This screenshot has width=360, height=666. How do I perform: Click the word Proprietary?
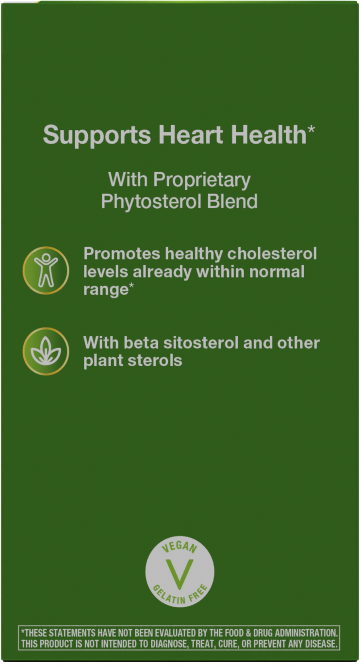tap(202, 180)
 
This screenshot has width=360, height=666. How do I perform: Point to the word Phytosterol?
tap(149, 201)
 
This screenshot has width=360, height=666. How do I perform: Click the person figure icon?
tap(46, 270)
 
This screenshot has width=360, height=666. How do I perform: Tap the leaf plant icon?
tap(46, 351)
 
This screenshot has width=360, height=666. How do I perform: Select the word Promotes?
tap(122, 254)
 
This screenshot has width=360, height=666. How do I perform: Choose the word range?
tap(105, 290)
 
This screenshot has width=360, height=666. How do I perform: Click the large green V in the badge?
tap(180, 573)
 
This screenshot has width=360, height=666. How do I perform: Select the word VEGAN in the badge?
tap(180, 548)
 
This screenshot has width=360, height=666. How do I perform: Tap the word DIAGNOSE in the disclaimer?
tap(166, 644)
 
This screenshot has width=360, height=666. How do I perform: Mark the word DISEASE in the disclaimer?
tap(318, 644)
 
